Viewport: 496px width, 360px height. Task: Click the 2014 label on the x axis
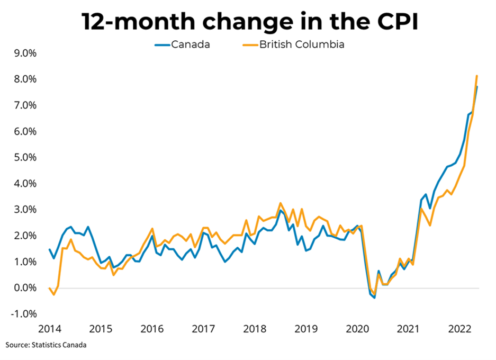pos(49,329)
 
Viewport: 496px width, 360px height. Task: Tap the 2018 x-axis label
pos(254,329)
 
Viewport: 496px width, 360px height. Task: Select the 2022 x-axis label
pos(458,329)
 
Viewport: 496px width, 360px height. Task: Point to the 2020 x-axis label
pos(356,329)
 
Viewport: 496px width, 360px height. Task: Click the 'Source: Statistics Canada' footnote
pos(46,345)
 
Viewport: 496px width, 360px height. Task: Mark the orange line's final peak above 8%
pos(477,76)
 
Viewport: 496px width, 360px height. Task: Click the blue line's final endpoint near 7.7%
pos(477,87)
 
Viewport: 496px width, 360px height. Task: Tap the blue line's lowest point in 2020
pos(374,298)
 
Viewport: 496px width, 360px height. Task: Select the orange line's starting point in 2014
pos(49,288)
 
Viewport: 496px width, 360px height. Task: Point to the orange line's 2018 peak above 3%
pos(281,203)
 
